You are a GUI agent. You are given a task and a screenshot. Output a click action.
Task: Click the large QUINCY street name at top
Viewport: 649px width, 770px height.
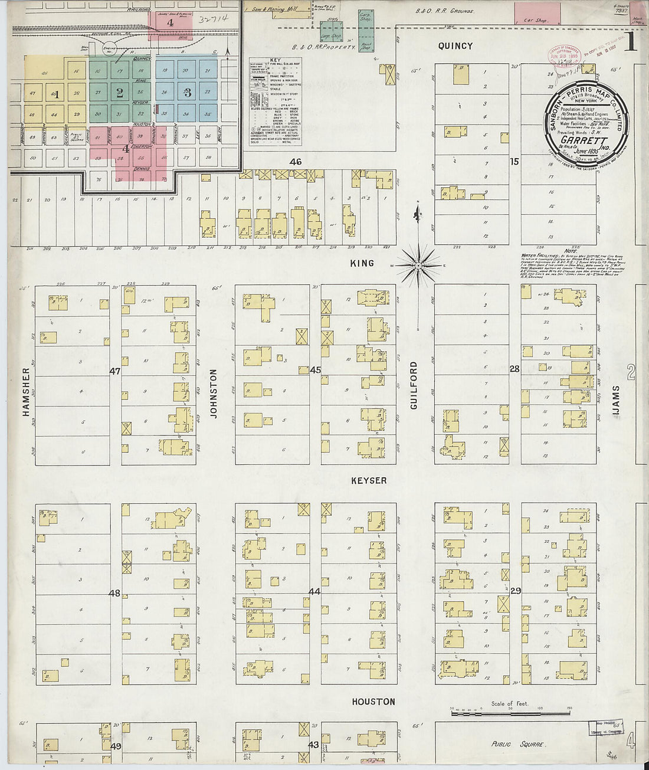tap(455, 46)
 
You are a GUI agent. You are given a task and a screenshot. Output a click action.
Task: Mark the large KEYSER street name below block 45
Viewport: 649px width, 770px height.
tap(369, 481)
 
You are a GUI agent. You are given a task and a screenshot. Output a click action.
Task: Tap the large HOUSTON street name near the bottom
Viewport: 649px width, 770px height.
tap(373, 702)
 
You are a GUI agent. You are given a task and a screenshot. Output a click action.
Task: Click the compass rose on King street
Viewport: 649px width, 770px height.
tap(418, 266)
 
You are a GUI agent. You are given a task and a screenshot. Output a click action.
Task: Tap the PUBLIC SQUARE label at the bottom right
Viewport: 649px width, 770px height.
tap(518, 744)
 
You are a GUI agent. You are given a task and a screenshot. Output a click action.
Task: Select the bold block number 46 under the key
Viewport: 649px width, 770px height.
tap(295, 162)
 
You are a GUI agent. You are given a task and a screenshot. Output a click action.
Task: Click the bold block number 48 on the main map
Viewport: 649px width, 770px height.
tap(114, 593)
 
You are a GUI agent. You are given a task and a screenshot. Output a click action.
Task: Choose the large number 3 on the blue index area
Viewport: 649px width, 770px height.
tap(188, 92)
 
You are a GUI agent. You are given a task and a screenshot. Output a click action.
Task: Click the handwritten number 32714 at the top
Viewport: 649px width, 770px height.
tap(214, 19)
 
